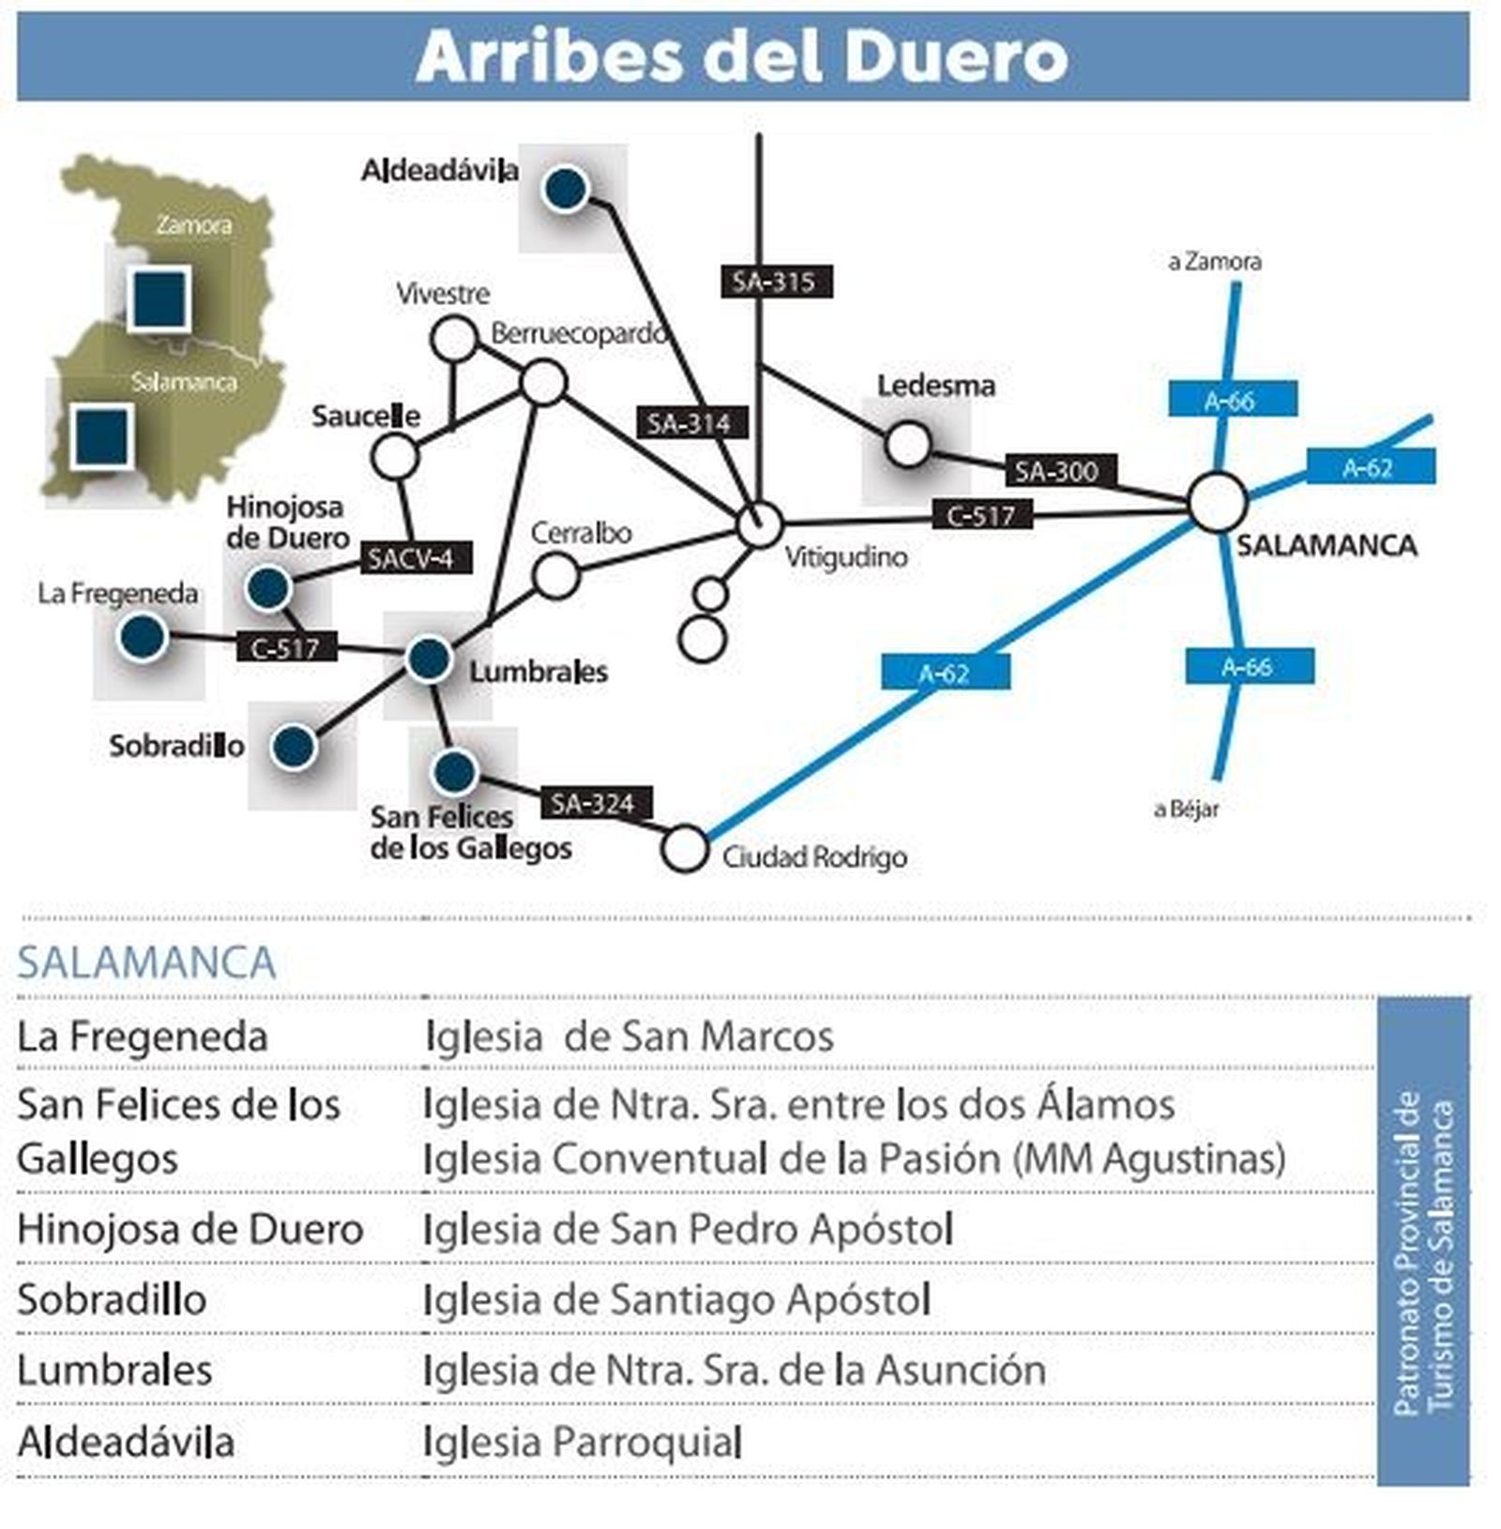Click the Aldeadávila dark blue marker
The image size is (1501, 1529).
(566, 189)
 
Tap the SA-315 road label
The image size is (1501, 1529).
(775, 281)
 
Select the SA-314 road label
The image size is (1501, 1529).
(690, 423)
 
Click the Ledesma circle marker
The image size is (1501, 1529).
(907, 444)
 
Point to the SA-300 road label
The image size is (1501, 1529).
(1055, 470)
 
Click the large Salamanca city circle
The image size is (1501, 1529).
(1217, 503)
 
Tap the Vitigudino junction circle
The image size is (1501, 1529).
(758, 524)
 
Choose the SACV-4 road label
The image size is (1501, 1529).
(413, 558)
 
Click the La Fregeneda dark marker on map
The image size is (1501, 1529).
(143, 637)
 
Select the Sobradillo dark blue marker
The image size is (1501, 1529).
(295, 747)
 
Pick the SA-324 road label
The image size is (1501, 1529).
(594, 803)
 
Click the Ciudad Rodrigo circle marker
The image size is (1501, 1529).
(685, 849)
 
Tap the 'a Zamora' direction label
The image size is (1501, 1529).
(1214, 262)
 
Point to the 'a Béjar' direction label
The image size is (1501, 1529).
(1186, 809)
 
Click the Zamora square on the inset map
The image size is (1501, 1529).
(159, 298)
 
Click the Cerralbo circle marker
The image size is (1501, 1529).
(555, 575)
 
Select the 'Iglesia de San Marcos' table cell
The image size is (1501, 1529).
(629, 1037)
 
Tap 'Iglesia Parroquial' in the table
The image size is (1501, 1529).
(583, 1442)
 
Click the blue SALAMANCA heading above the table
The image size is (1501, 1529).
(146, 962)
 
